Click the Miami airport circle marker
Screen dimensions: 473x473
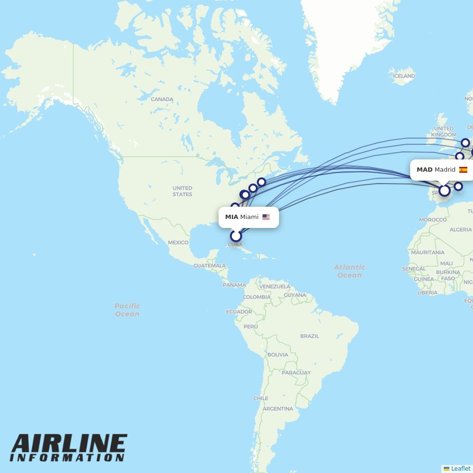pos(236,236)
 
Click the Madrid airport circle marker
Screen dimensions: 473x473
pos(445,191)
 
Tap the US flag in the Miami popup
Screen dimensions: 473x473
pos(266,217)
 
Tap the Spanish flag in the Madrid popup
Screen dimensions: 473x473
pos(463,170)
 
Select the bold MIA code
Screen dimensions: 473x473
pos(231,217)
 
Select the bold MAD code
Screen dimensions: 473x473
pos(424,170)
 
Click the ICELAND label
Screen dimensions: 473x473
pos(404,76)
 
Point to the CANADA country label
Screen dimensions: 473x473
pos(162,99)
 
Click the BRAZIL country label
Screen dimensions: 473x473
pos(309,336)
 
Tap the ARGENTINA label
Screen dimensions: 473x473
pos(278,409)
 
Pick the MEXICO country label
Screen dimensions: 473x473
pos(178,243)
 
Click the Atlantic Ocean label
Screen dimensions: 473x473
pos(349,271)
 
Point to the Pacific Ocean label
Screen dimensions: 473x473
pos(127,310)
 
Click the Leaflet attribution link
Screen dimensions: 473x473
pos(460,468)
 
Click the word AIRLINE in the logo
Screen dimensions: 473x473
pos(69,444)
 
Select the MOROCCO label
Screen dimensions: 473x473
pos(433,219)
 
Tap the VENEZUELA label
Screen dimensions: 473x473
pos(274,287)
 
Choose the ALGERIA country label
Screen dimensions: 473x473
pos(460,230)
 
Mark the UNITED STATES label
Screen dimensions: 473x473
pos(182,191)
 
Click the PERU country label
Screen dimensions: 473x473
pos(251,326)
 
